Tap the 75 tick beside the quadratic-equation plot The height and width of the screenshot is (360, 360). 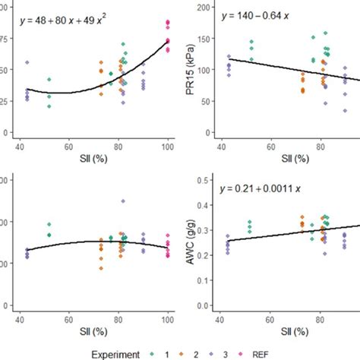pyautogui.click(x=7, y=39)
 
